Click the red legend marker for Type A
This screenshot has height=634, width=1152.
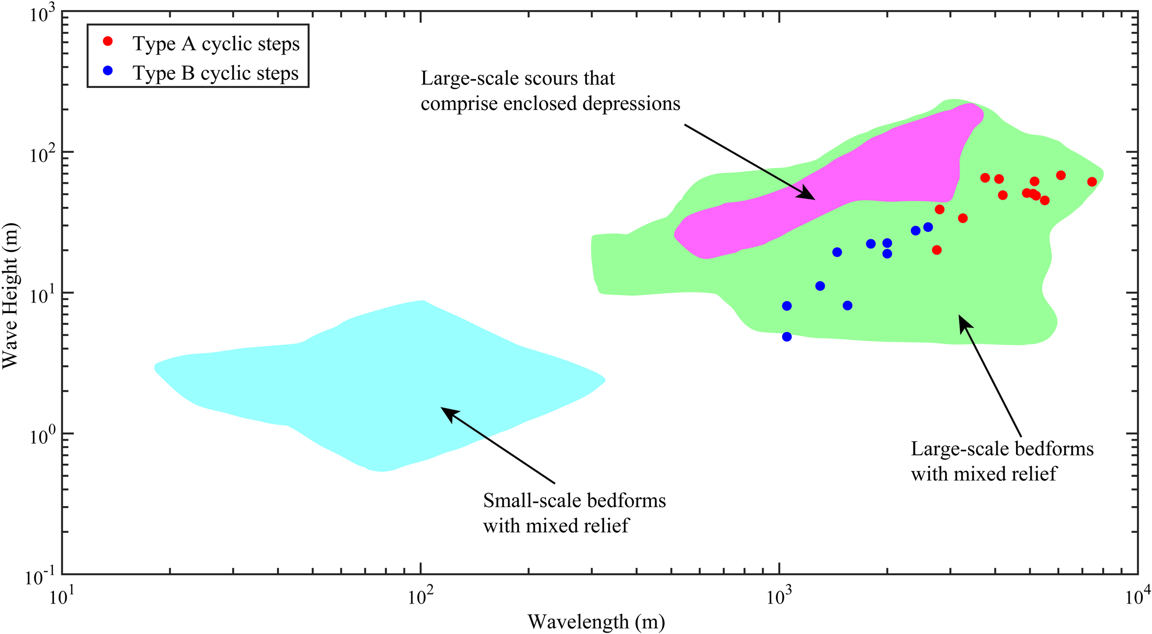[108, 41]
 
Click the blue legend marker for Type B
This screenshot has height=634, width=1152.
[108, 71]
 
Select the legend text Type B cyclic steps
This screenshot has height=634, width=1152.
[216, 73]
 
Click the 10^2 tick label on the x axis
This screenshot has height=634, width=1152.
[421, 597]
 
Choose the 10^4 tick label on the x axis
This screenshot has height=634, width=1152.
[1136, 597]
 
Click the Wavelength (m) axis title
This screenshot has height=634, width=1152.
[596, 622]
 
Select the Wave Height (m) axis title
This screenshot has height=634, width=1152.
[10, 296]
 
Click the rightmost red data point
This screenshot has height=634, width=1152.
[1092, 182]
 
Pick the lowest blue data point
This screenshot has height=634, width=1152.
[787, 337]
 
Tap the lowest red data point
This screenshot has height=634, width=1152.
[937, 250]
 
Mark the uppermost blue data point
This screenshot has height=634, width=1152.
[928, 227]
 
